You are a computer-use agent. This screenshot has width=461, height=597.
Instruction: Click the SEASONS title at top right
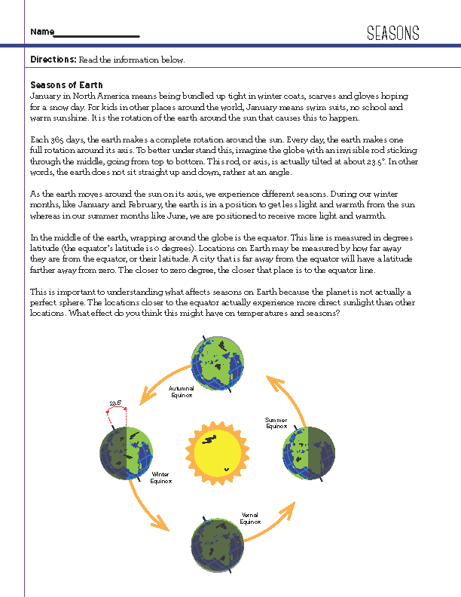[x=392, y=32]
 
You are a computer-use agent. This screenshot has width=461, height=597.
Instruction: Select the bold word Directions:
[x=53, y=60]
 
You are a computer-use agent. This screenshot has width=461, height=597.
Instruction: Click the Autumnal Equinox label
[x=182, y=392]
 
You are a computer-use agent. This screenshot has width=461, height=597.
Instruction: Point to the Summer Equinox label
[x=276, y=422]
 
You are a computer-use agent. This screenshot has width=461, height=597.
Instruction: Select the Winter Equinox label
[x=161, y=477]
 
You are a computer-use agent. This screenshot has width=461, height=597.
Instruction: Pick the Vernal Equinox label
[x=249, y=519]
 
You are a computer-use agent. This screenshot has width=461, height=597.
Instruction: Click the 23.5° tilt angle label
[x=115, y=403]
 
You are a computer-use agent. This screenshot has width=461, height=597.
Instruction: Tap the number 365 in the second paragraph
[x=55, y=139]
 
